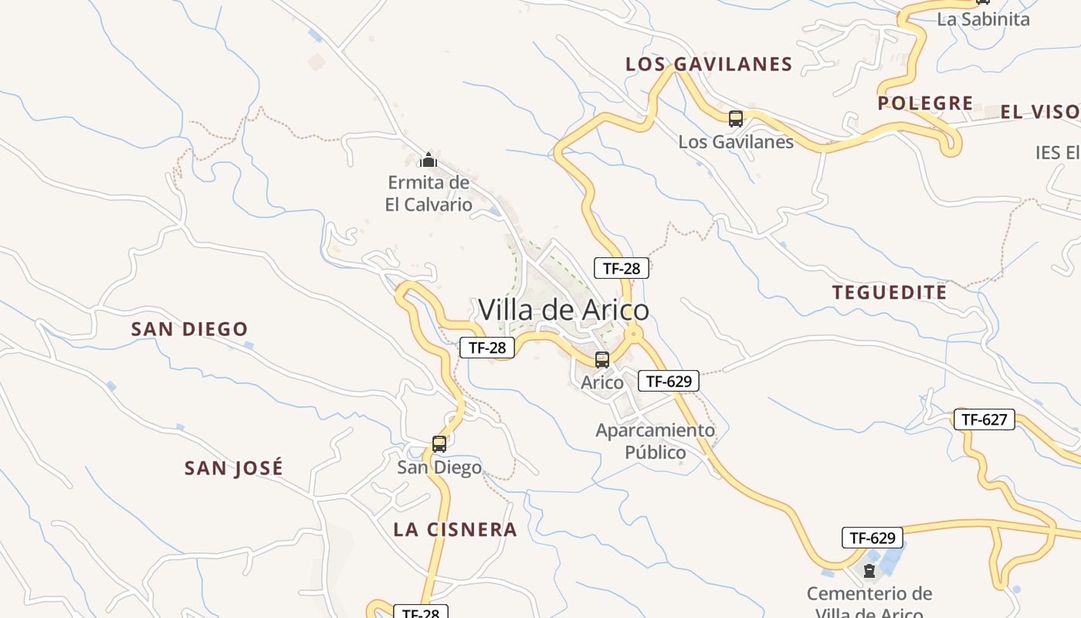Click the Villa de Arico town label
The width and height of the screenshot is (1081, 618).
coord(564,310)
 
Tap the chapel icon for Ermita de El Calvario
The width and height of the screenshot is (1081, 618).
coord(428,160)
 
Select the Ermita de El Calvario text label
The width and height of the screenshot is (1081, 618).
coord(429,194)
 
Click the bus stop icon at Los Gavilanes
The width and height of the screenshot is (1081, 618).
coord(736,119)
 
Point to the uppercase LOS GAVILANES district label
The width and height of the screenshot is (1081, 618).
coord(709,64)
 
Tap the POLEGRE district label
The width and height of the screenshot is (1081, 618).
coord(925,103)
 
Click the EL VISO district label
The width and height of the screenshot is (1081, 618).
coord(1039,112)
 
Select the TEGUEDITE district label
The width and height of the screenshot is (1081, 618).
coord(890,292)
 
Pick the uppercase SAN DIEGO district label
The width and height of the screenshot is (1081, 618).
coord(189,329)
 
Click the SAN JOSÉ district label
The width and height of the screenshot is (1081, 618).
coord(234,468)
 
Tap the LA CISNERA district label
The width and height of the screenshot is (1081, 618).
coord(455,529)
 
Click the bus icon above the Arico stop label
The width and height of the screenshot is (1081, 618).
coord(602,360)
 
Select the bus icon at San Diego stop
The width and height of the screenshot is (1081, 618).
coord(439,444)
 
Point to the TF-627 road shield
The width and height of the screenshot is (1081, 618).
coord(984,419)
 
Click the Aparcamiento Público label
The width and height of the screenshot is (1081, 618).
coord(655,440)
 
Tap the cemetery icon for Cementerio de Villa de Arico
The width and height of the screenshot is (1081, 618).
coord(869,572)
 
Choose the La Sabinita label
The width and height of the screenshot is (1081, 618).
coord(983,19)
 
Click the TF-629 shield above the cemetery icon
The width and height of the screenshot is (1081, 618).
coord(872,538)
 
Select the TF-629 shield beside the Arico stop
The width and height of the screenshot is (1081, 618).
coord(668,380)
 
